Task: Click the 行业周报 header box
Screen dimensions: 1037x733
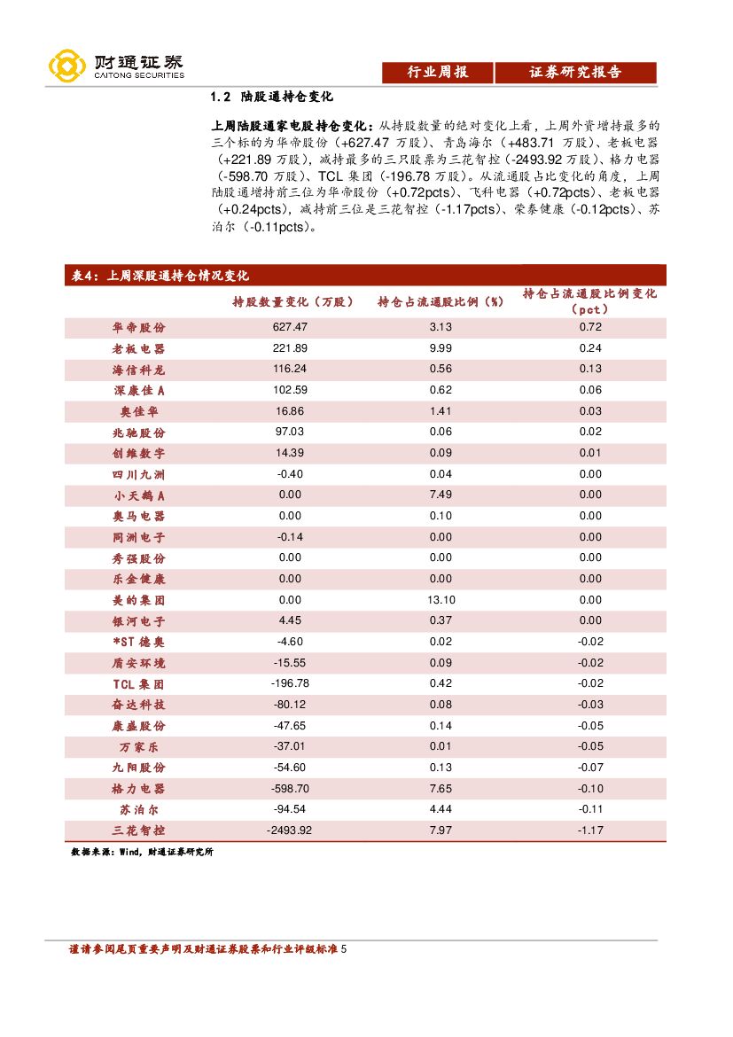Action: (437, 73)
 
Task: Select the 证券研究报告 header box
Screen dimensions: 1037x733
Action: (575, 73)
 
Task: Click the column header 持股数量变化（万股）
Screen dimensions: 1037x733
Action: (292, 302)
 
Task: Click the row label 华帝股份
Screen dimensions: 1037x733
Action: (138, 328)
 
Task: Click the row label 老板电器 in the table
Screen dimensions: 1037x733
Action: (138, 349)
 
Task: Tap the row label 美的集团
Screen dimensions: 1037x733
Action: (138, 600)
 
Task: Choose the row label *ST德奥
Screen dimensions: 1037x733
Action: (138, 642)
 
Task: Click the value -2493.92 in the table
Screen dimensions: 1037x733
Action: (290, 830)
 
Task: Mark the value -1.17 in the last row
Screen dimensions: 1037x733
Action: (590, 830)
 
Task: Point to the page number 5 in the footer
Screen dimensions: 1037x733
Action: (344, 949)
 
